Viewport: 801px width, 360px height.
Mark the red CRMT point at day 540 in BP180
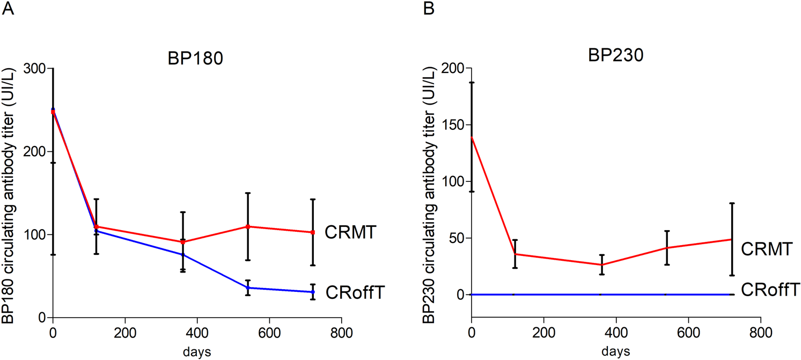[248, 226]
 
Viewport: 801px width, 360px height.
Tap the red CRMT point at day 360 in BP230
[602, 265]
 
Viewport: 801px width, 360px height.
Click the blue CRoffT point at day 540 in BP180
[248, 288]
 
